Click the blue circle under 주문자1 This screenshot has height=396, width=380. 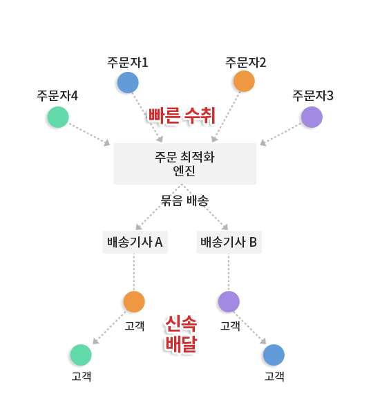point(128,82)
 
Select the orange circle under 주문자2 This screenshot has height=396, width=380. point(244,81)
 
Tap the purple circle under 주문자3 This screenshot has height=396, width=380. point(312,117)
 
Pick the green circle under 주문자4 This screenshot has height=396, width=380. point(58,117)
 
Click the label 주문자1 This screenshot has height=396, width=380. point(128,62)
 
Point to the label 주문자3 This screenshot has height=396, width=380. point(313,95)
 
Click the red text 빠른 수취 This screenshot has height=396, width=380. point(182,115)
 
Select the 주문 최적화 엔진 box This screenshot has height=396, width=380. point(185,164)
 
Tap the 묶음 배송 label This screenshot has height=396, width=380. point(185,201)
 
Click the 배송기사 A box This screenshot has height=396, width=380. point(135,242)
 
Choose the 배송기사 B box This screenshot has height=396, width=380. point(229,242)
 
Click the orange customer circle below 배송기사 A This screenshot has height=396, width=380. point(134,301)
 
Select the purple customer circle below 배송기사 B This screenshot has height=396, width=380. point(229,301)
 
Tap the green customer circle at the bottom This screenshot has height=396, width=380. point(81,355)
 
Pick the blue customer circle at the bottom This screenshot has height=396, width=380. point(274,355)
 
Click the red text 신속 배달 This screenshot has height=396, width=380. point(181,334)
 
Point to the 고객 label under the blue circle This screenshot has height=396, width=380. point(274,376)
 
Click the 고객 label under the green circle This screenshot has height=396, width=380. point(82,376)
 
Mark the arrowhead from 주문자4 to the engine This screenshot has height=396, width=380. point(107,142)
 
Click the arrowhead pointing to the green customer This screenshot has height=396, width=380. point(96,341)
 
